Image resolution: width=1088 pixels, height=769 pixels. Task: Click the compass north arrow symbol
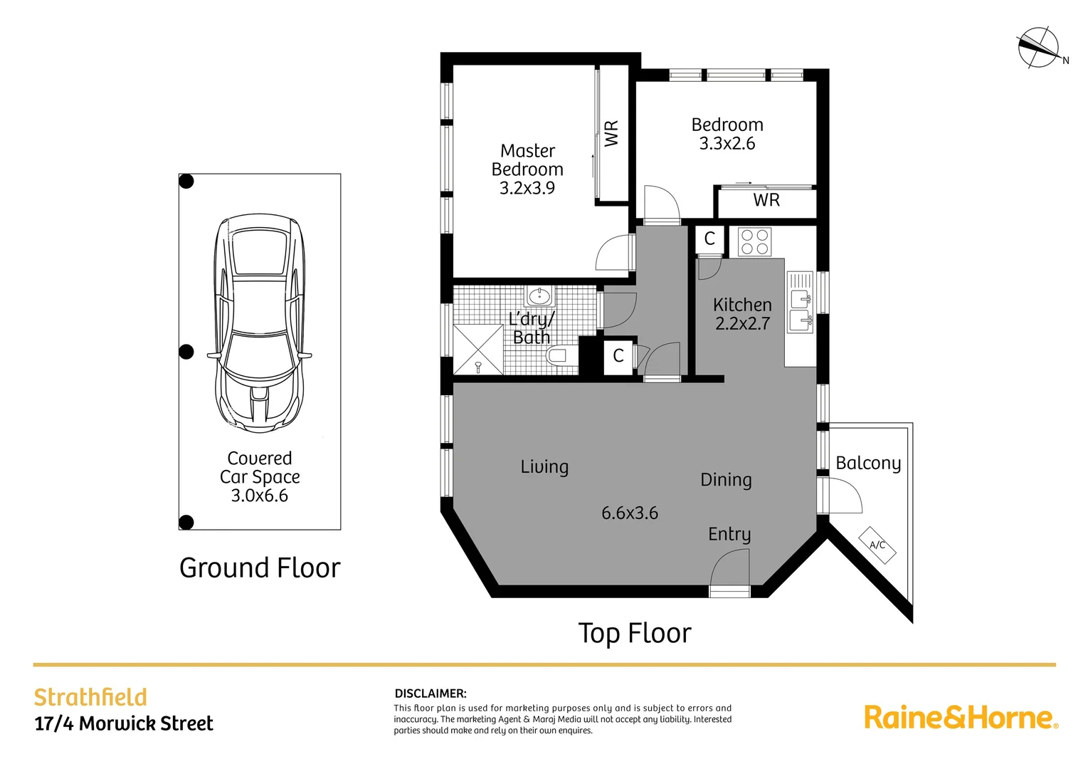click(x=1037, y=48)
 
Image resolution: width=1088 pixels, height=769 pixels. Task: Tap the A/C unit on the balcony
click(x=877, y=545)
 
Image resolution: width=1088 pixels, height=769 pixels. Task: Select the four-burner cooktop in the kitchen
click(x=754, y=241)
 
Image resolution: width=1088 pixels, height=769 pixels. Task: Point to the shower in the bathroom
click(x=478, y=350)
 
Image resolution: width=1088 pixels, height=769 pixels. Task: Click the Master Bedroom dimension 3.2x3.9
click(x=527, y=188)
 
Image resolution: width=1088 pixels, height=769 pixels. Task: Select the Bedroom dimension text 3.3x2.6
click(x=727, y=143)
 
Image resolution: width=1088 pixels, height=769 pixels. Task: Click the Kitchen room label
click(x=742, y=305)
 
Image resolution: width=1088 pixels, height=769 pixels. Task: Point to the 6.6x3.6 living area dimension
click(x=630, y=513)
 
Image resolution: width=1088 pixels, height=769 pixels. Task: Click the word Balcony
click(x=868, y=464)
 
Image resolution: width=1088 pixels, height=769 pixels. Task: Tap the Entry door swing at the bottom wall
click(x=729, y=570)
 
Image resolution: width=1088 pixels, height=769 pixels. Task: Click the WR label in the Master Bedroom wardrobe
click(x=611, y=134)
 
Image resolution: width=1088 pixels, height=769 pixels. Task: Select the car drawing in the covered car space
click(x=260, y=323)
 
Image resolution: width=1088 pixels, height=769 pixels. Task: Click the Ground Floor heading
click(x=260, y=567)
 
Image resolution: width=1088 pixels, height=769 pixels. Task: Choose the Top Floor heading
click(x=634, y=633)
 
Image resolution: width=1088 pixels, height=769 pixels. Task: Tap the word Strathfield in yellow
click(x=90, y=697)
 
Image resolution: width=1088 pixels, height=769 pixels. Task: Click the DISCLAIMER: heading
click(x=431, y=694)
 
